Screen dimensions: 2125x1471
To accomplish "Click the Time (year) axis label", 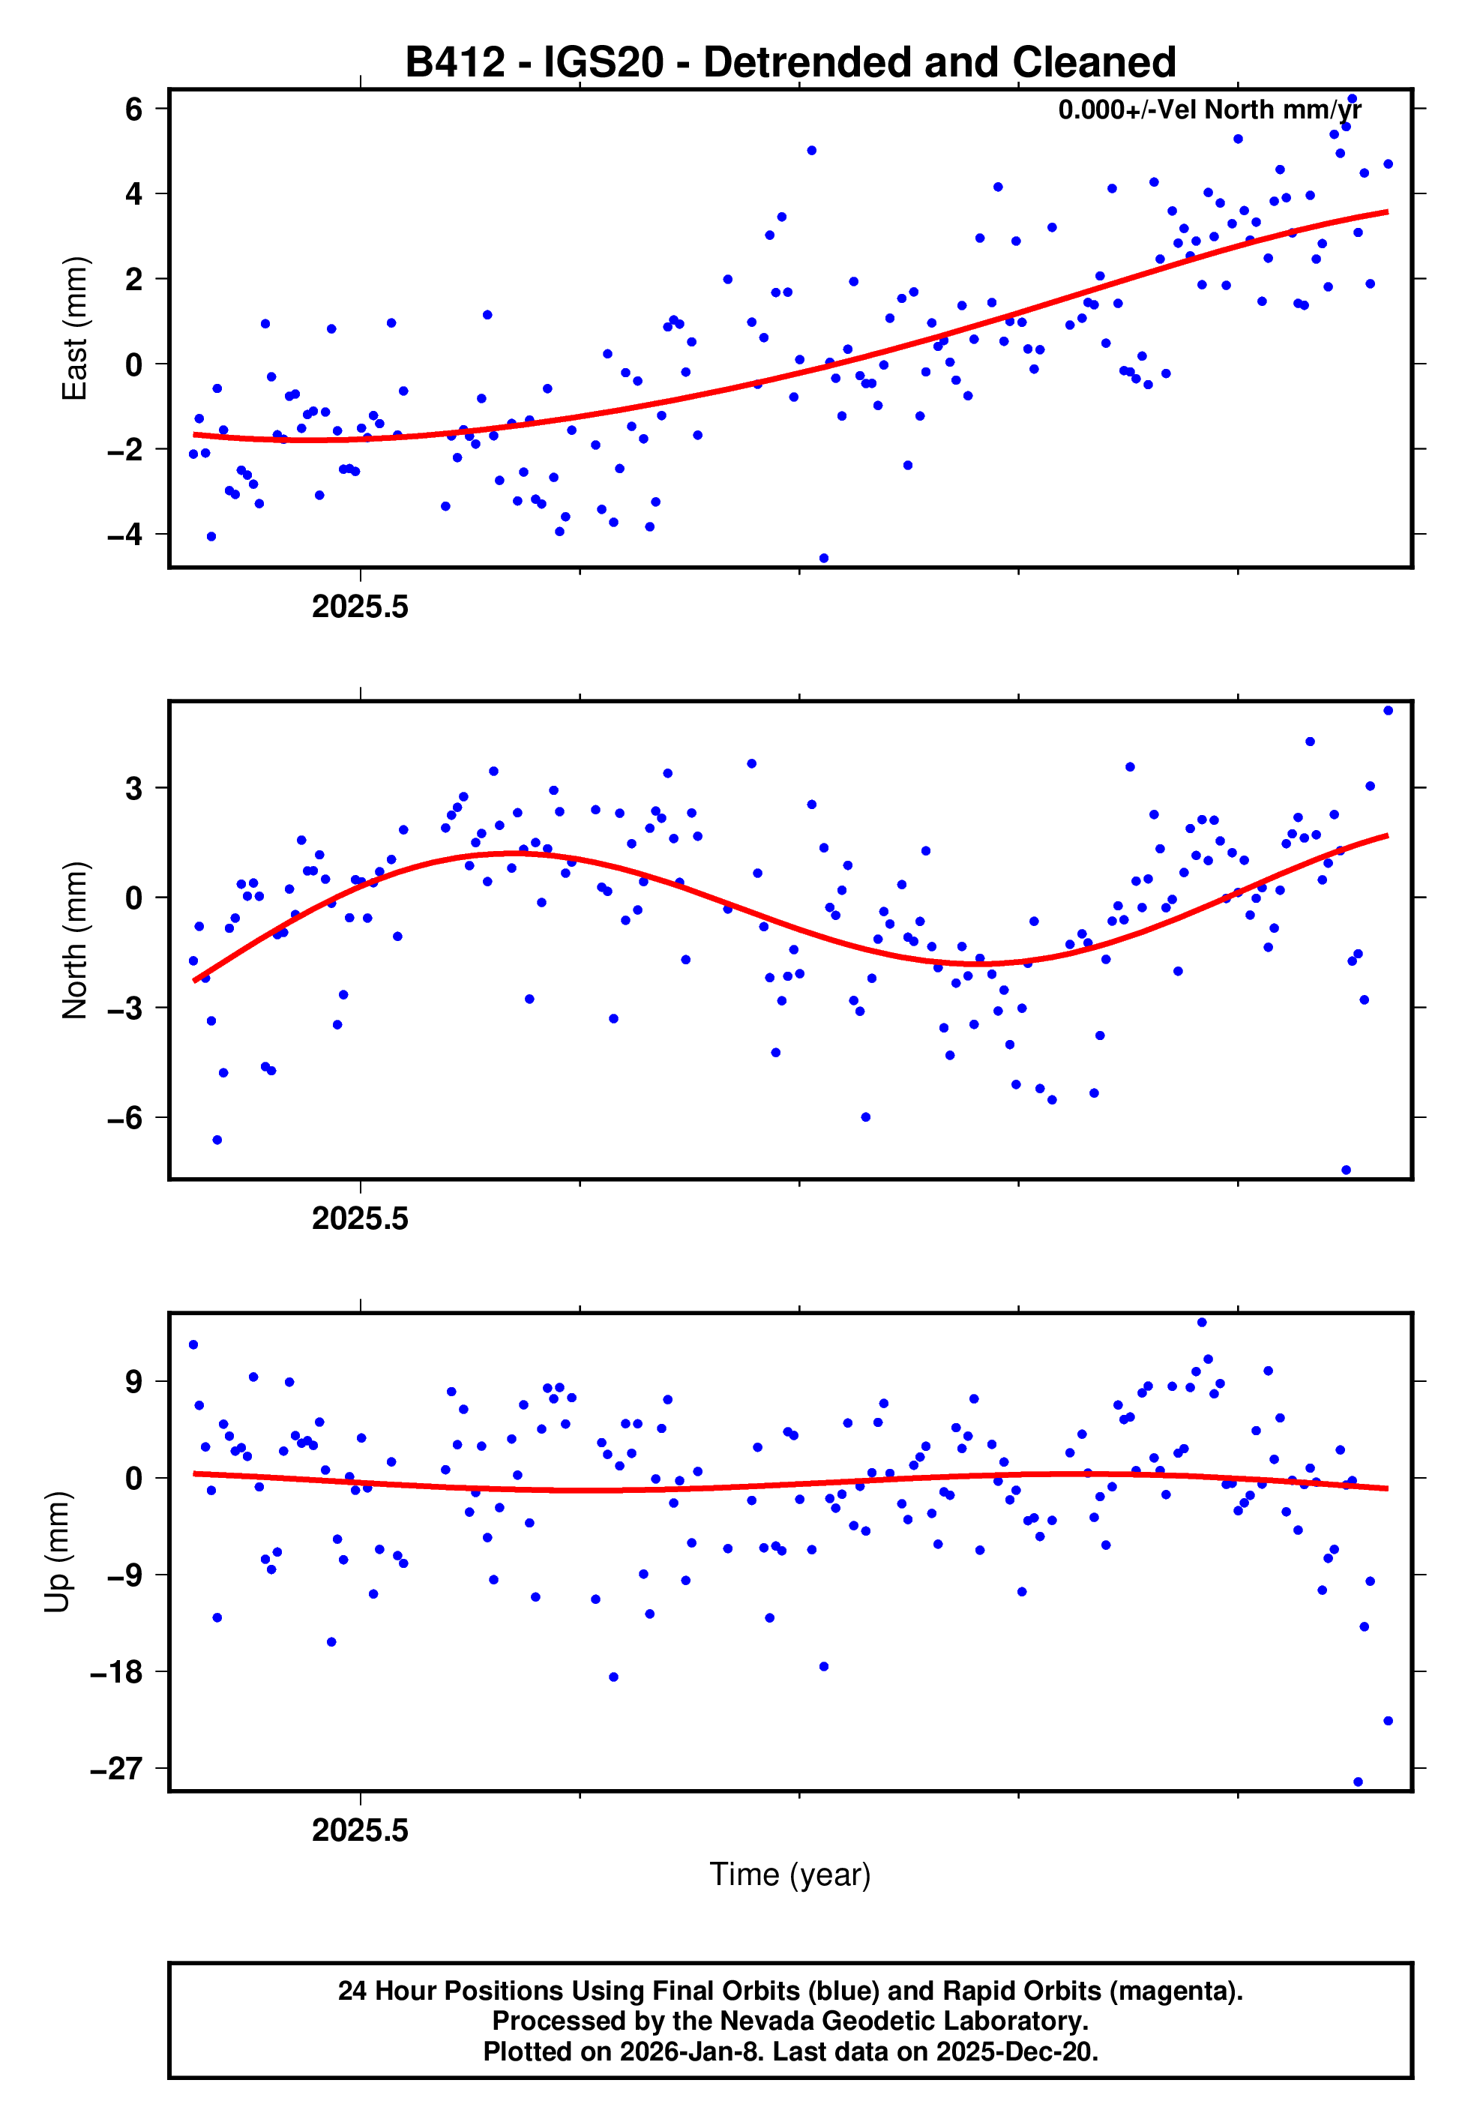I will click(x=790, y=1875).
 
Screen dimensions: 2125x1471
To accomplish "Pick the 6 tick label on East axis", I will click(x=133, y=109).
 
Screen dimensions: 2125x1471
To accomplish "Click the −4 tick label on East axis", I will click(x=124, y=535).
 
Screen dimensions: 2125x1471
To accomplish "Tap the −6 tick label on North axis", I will click(x=124, y=1118).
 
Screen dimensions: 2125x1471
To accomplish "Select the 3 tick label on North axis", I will click(x=133, y=789).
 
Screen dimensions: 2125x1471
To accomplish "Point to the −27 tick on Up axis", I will click(x=117, y=1768).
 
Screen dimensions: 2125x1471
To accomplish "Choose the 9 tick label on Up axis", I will click(x=133, y=1382).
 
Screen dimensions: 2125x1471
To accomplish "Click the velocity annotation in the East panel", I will click(x=1209, y=110).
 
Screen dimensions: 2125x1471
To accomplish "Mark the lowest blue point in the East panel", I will click(x=824, y=559).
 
